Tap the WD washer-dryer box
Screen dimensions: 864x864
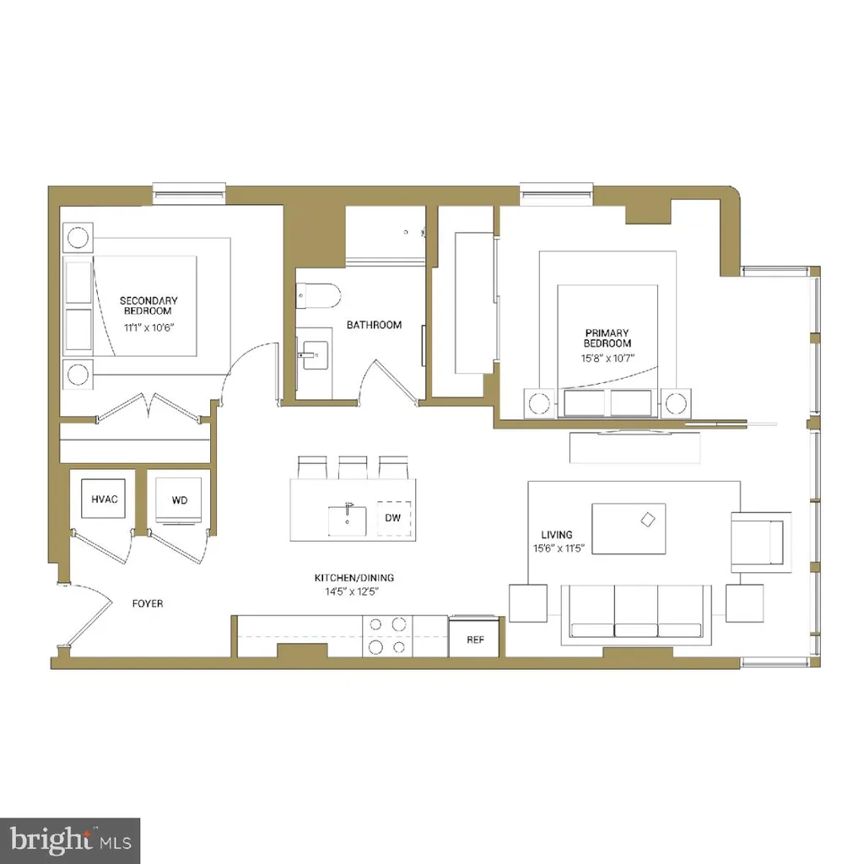pyautogui.click(x=180, y=500)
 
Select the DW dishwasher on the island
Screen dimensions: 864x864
pyautogui.click(x=393, y=517)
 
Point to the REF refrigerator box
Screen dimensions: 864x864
pyautogui.click(x=476, y=640)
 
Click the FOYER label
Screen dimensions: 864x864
pyautogui.click(x=148, y=604)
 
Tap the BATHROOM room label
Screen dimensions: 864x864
pyautogui.click(x=375, y=325)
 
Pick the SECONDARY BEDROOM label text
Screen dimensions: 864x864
pyautogui.click(x=148, y=305)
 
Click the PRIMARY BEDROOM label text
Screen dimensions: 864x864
pyautogui.click(x=607, y=338)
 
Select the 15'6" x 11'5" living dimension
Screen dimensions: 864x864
pyautogui.click(x=558, y=548)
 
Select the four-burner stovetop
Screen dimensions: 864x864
pyautogui.click(x=386, y=635)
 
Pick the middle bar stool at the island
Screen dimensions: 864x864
pyautogui.click(x=352, y=467)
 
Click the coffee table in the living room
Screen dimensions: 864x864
pyautogui.click(x=629, y=527)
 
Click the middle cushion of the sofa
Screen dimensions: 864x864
pyautogui.click(x=636, y=612)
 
